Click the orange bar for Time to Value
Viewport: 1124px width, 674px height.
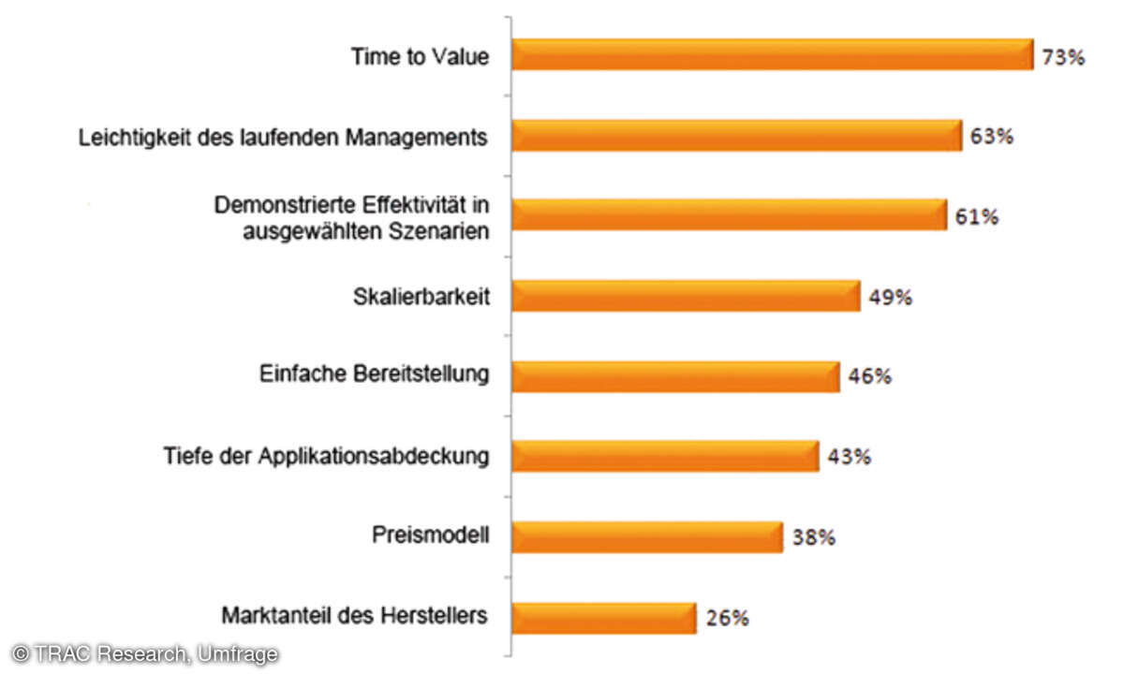(x=772, y=55)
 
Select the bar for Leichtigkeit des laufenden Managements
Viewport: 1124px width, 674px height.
(x=736, y=136)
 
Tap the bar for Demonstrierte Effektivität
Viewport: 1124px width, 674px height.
(x=729, y=216)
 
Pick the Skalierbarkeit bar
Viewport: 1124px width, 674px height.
(x=686, y=297)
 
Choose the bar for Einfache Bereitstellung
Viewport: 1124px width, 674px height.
(x=675, y=377)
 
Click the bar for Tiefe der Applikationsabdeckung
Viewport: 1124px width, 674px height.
(x=665, y=457)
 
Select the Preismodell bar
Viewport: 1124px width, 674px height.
(x=646, y=537)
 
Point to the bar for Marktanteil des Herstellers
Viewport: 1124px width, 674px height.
(x=603, y=618)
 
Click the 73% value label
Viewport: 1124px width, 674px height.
(x=1063, y=57)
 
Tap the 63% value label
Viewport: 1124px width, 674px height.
(x=992, y=137)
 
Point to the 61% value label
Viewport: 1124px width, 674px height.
(x=977, y=217)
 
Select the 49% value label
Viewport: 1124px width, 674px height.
(x=890, y=298)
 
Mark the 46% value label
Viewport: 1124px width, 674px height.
(x=869, y=377)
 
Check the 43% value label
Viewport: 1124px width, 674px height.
(x=850, y=458)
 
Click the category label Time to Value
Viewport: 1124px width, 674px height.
(x=420, y=56)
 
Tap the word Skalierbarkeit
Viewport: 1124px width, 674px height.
(x=421, y=297)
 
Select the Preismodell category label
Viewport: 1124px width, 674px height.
(x=430, y=536)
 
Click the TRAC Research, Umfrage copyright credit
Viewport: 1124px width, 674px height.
(x=144, y=654)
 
